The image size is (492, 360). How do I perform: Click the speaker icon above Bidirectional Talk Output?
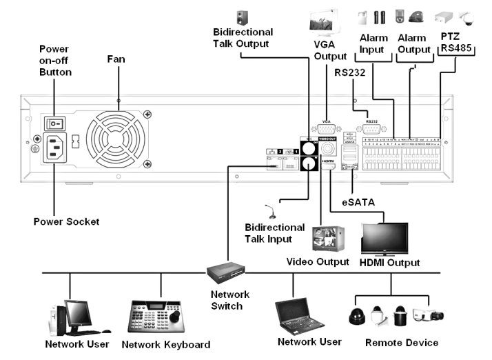point(242,17)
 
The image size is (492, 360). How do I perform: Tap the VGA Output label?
point(330,50)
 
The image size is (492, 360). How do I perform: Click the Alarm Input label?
point(373,43)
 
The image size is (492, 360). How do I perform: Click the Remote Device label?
point(402,343)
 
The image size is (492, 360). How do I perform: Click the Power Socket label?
point(66,221)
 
